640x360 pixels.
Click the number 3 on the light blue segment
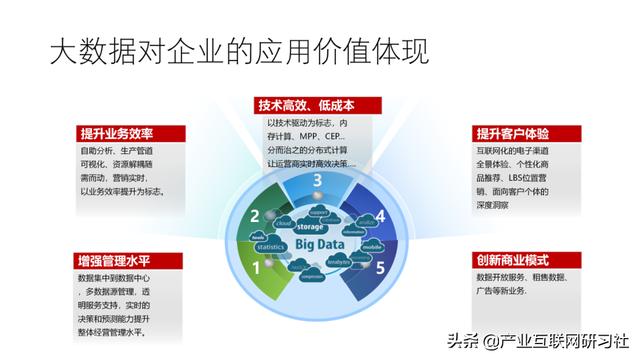(x=317, y=180)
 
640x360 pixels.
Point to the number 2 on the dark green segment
(x=255, y=216)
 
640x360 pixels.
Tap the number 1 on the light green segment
(x=256, y=267)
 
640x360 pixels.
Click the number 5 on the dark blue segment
(x=380, y=267)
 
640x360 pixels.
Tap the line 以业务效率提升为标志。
(x=122, y=191)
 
